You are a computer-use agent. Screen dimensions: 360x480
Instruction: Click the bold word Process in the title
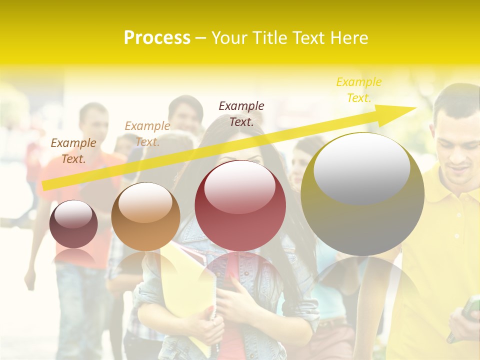click(157, 38)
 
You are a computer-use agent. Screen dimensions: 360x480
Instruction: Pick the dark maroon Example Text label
click(241, 113)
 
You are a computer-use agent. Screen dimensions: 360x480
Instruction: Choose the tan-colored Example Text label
click(147, 134)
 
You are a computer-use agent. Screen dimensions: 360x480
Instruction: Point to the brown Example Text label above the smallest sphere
click(73, 150)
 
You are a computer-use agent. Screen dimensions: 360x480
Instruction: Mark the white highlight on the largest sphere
click(361, 168)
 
